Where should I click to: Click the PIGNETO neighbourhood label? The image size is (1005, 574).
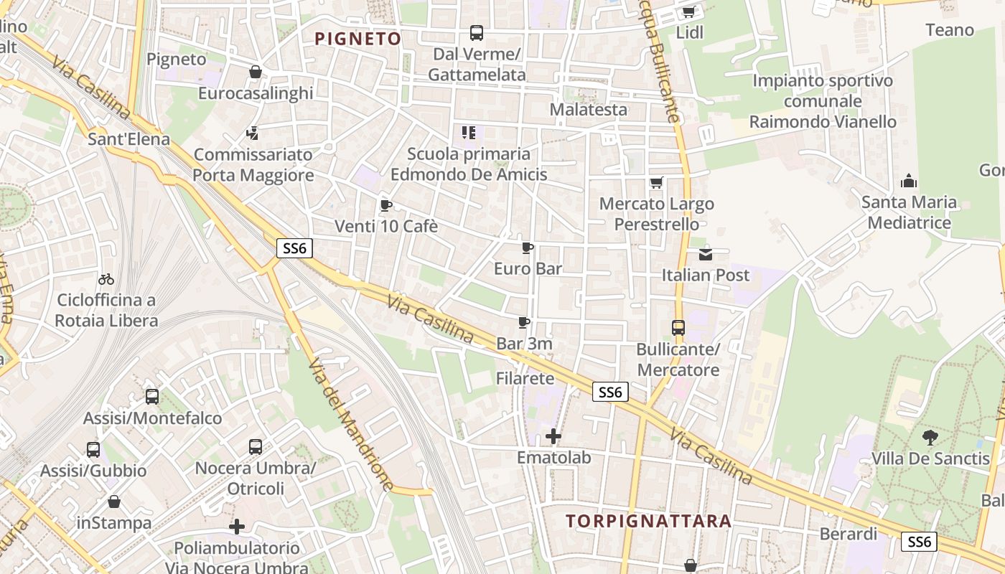357,39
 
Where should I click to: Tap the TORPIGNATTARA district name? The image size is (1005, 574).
648,521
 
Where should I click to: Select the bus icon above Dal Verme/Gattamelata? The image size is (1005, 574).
477,32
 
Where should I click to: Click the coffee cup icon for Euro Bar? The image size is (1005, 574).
528,248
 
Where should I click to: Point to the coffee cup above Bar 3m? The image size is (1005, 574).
524,323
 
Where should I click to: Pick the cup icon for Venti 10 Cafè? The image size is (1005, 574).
385,206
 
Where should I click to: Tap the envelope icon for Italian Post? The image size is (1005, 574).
706,254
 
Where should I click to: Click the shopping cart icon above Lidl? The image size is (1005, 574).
689,11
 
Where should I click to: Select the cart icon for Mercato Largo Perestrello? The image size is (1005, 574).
656,183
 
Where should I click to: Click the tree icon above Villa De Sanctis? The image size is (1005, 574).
930,437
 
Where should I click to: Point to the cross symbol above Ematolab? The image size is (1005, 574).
553,436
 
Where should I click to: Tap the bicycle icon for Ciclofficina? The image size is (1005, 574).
106,278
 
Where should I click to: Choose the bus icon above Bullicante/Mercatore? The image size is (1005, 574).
678,328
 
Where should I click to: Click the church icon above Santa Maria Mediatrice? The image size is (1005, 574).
909,181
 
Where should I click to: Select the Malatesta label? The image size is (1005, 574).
588,110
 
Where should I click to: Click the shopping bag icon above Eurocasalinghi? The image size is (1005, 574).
255,72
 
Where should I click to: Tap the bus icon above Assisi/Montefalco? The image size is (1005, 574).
152,397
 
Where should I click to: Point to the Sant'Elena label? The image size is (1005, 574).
128,138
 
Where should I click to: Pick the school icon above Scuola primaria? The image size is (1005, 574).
469,133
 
